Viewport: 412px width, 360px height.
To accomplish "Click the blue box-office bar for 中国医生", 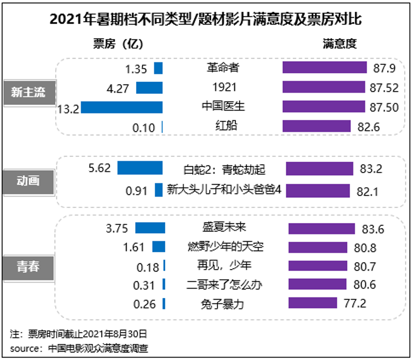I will click(121, 107).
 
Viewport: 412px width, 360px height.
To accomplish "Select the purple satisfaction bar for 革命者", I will click(325, 68).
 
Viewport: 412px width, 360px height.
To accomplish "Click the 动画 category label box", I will click(28, 181).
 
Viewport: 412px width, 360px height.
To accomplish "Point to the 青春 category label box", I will click(28, 266).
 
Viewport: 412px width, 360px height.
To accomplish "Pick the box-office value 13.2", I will click(67, 108).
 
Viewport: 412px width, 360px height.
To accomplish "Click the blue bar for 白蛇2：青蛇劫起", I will click(140, 168).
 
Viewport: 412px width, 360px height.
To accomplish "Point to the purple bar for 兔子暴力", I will click(313, 303).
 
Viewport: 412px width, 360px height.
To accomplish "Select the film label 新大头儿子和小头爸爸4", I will click(224, 190).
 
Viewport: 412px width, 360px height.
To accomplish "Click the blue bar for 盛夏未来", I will click(150, 228).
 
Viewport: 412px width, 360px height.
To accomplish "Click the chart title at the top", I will click(205, 19).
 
